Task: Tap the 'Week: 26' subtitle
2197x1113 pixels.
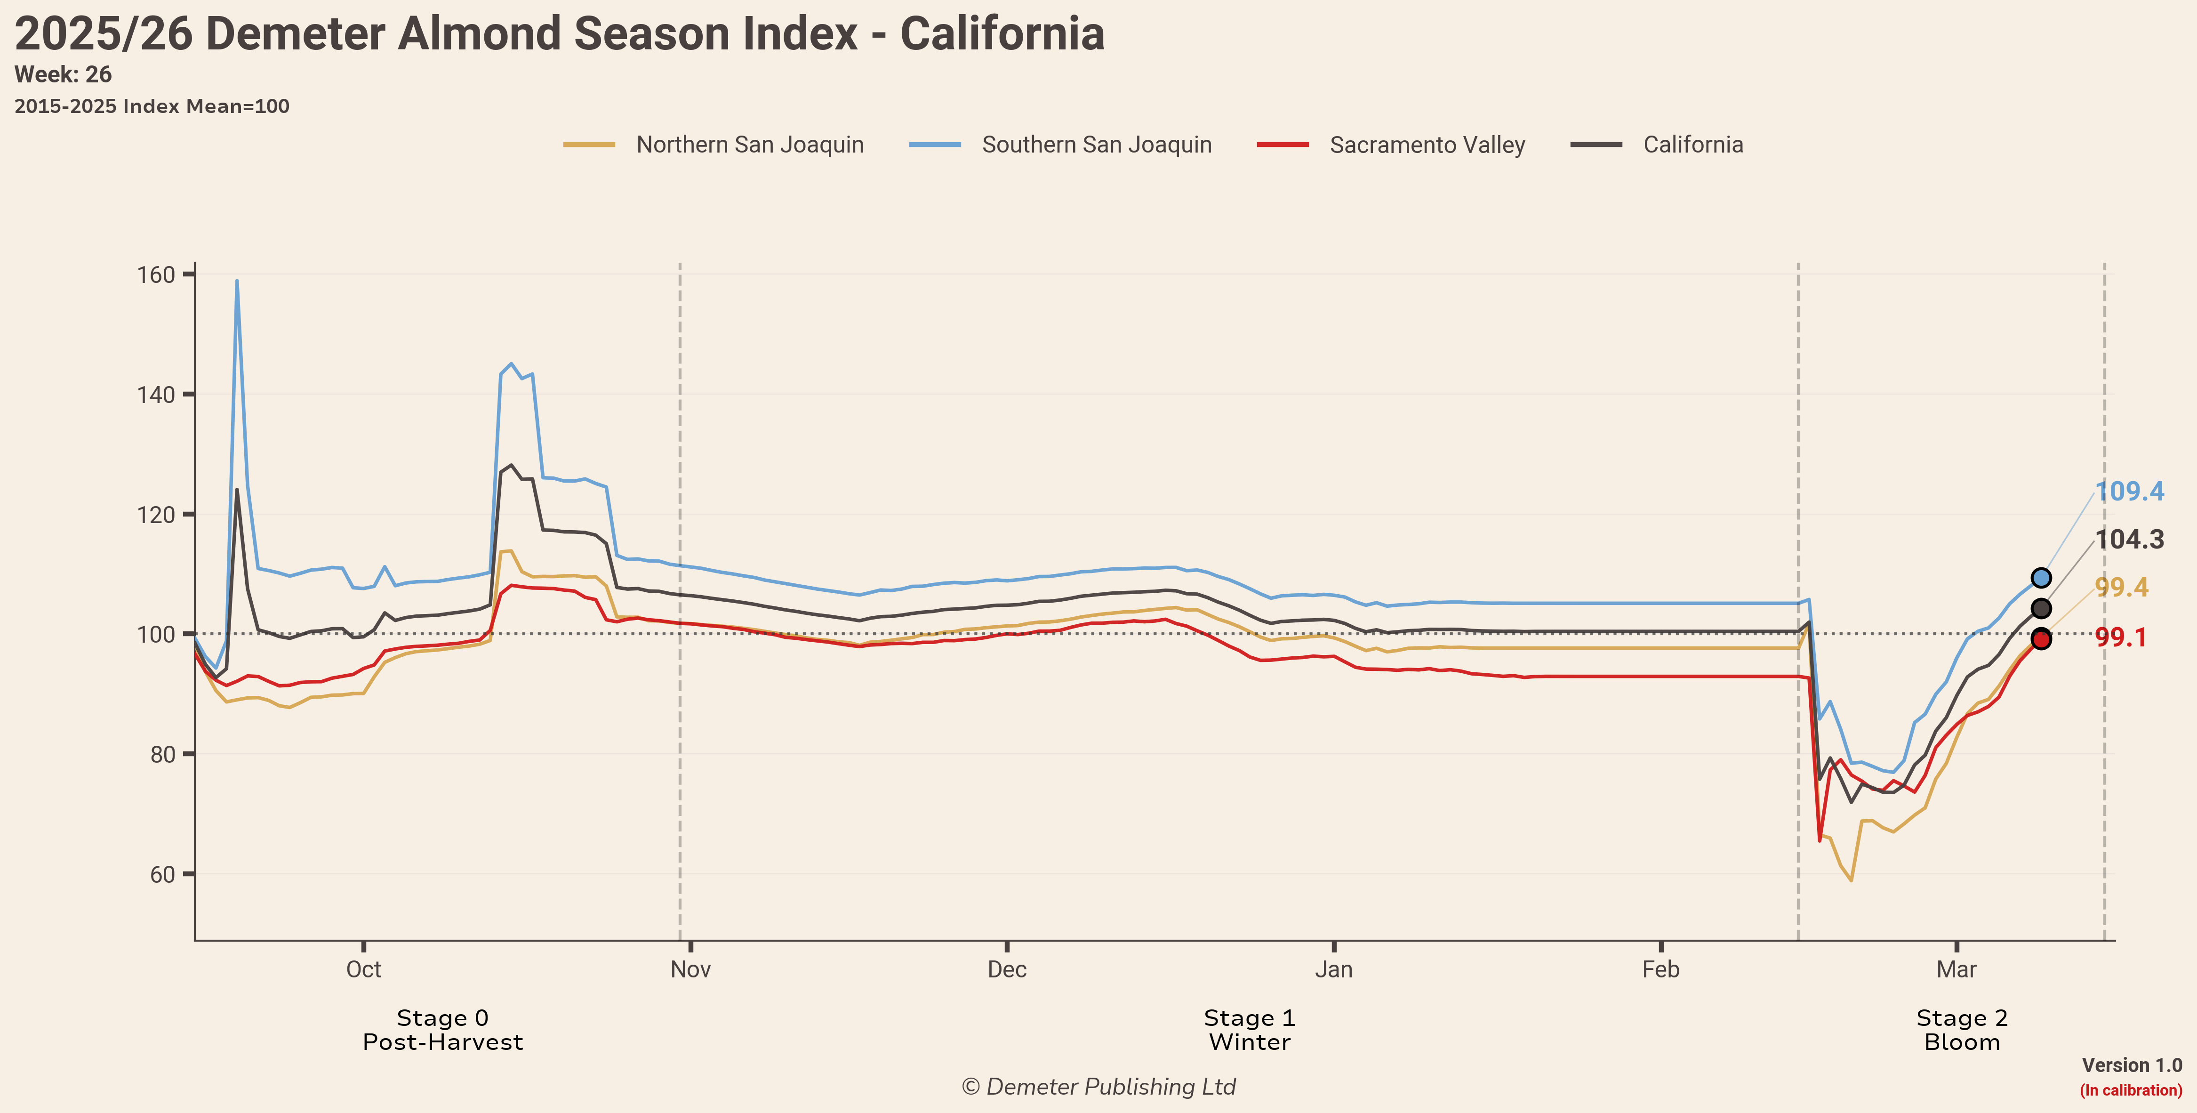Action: [63, 75]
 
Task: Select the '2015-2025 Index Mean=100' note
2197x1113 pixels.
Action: [152, 106]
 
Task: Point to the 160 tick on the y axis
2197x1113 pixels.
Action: [156, 274]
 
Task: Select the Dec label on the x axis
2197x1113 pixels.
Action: [1006, 970]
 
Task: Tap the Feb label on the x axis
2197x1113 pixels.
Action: [1660, 970]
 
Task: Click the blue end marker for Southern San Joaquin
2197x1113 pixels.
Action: [2041, 578]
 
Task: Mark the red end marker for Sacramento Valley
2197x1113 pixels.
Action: [2041, 639]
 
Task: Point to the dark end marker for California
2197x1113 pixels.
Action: [2041, 609]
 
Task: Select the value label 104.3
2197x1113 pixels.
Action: [2130, 540]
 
